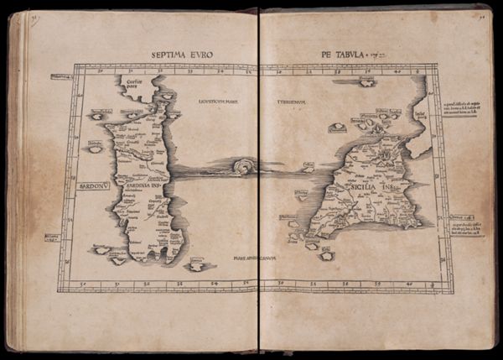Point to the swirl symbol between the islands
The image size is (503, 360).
(x=244, y=167)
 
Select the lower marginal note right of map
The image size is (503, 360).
(x=466, y=228)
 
